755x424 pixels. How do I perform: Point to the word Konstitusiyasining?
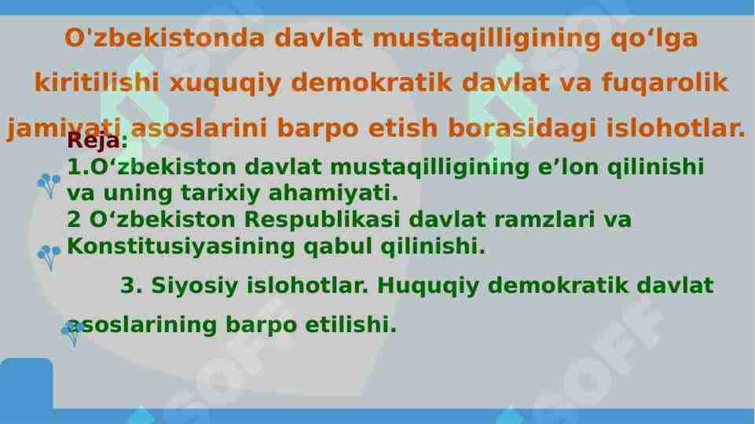click(182, 247)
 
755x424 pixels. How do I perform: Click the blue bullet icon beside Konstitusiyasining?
click(49, 256)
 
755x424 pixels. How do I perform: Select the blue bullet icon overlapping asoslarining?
click(72, 333)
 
